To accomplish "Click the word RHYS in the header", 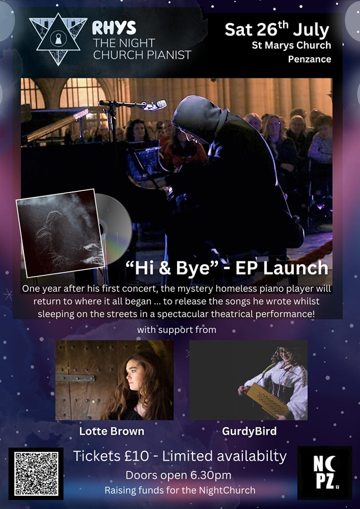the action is (x=114, y=29).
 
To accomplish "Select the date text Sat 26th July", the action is (x=277, y=30).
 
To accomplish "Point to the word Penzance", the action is (x=309, y=59).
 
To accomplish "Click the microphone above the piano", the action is (x=155, y=105).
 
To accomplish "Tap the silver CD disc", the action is (x=113, y=229).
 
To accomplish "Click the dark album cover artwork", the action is (x=60, y=233).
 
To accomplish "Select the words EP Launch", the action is (x=277, y=268).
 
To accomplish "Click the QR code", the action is (x=36, y=473).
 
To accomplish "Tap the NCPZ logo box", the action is (x=324, y=472).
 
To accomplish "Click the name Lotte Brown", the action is (x=112, y=431).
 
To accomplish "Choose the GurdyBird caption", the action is (x=249, y=431).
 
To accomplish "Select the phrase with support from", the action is (x=177, y=330).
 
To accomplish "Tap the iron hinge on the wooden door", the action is (x=75, y=378).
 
